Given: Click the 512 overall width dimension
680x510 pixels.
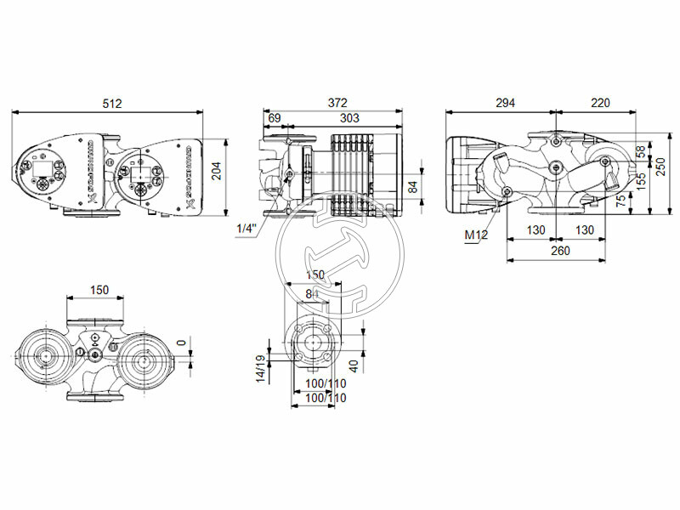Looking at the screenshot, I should point(111,104).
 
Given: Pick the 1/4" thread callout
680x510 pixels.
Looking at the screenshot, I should point(244,229).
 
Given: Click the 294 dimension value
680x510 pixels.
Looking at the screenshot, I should point(505,103).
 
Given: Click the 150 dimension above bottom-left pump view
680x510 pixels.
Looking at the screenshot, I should point(99,291).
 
